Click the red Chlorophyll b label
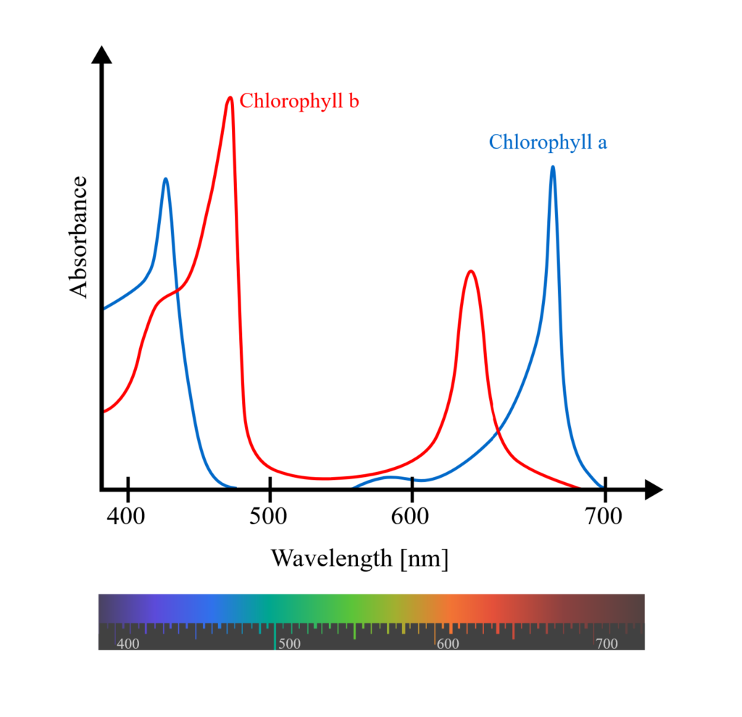(x=299, y=101)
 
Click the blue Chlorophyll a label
(x=548, y=142)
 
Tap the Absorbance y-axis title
(x=79, y=236)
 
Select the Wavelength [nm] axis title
(x=359, y=559)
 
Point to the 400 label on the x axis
(x=128, y=517)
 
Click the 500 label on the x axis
(x=270, y=517)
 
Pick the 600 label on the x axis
(x=412, y=517)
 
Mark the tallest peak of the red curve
(x=230, y=98)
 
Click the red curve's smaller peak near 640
(x=471, y=272)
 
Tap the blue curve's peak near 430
(x=166, y=179)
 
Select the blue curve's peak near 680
(x=553, y=167)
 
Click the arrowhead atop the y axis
(x=101, y=54)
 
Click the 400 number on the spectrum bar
(x=128, y=644)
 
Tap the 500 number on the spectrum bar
(x=290, y=644)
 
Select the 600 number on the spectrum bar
(x=448, y=644)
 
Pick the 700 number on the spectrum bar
(x=606, y=644)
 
